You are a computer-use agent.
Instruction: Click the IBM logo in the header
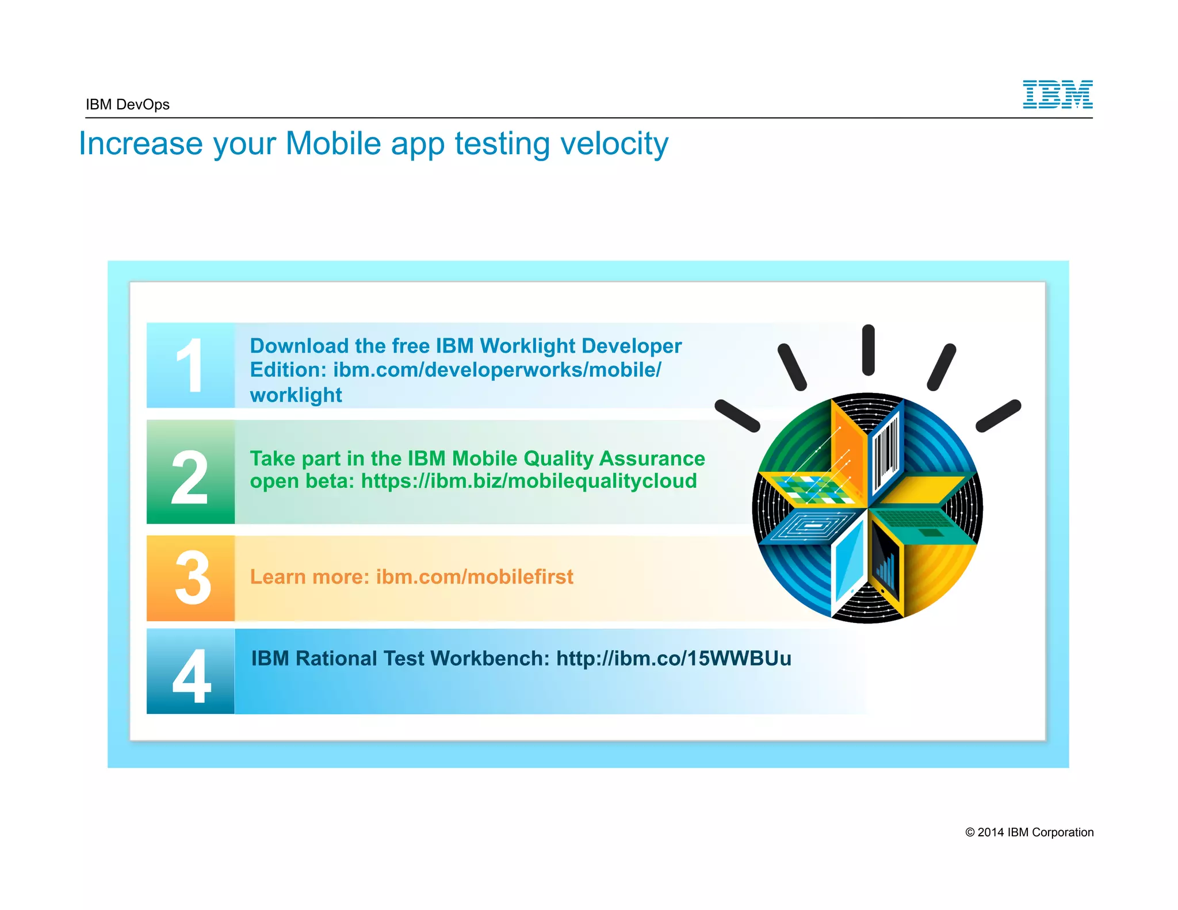tap(1057, 94)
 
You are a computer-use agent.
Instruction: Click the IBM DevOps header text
tap(128, 105)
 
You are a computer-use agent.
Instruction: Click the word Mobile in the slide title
tap(333, 144)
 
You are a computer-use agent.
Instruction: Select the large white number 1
tap(190, 366)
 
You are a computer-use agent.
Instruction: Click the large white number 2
tap(190, 477)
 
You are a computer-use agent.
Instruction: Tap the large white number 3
tap(192, 578)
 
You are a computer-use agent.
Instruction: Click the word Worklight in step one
tap(526, 346)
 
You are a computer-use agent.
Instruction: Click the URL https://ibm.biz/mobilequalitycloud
tap(529, 481)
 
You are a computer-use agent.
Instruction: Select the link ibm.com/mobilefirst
tap(475, 576)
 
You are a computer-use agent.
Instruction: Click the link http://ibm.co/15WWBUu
tap(674, 658)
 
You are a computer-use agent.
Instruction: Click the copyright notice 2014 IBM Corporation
tap(1029, 832)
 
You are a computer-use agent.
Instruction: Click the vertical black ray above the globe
tap(868, 350)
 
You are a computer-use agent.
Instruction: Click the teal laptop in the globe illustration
tap(920, 521)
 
